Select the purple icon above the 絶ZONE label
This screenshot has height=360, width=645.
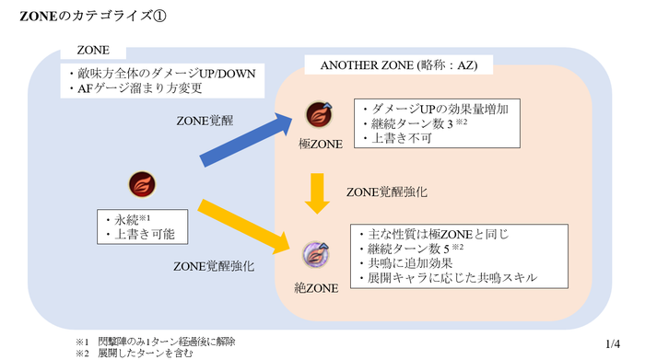tap(318, 254)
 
